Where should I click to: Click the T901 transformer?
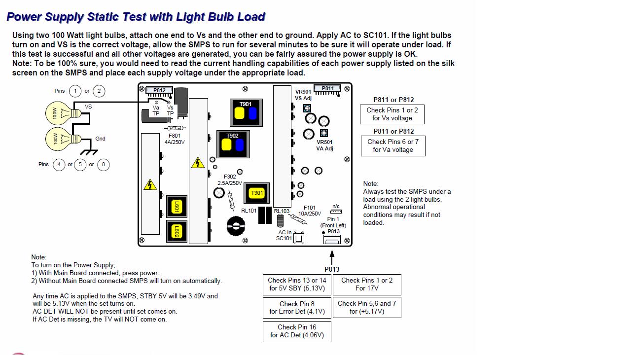pos(246,112)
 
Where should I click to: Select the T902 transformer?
pos(233,144)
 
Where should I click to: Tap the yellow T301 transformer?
pos(257,193)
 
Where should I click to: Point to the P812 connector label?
pos(159,90)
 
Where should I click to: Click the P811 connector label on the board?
pos(327,89)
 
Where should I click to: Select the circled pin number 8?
pos(103,164)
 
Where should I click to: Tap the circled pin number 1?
pos(75,91)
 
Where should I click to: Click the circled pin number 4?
pos(59,164)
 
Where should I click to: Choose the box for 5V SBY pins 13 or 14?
pos(297,285)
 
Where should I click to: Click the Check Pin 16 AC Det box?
pos(297,331)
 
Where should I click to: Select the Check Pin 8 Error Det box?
pos(297,308)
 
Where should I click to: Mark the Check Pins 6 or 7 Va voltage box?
pos(392,146)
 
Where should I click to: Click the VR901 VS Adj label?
pos(303,95)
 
